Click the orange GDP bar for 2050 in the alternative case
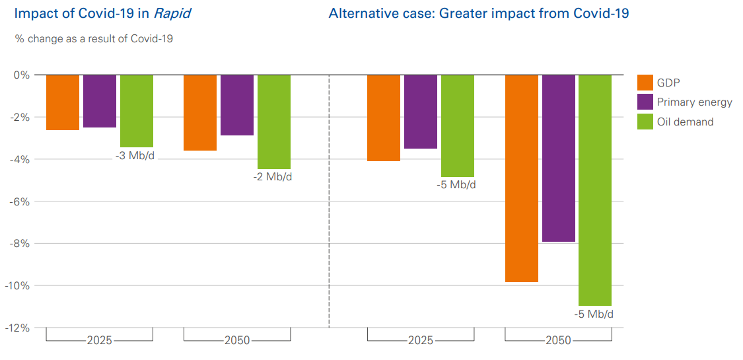point(522,178)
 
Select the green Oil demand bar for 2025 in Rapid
point(137,111)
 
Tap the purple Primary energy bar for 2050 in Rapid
point(237,105)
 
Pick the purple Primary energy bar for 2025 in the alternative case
point(421,112)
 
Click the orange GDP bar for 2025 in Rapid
point(63,102)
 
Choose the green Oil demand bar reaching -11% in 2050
point(595,190)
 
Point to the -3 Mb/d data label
point(134,157)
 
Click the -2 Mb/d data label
point(272,178)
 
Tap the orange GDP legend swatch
point(645,83)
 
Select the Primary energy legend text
point(694,102)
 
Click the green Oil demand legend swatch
point(645,122)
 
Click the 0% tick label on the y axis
point(22,75)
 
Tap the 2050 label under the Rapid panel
point(237,341)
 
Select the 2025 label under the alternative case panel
point(421,341)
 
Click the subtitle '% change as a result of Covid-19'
point(94,39)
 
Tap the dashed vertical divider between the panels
point(329,198)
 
